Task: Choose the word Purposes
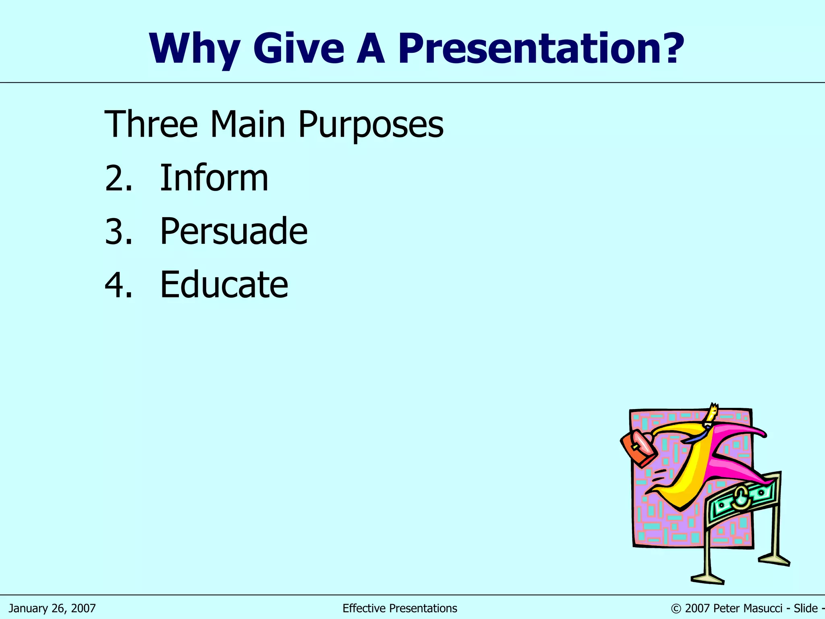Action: pos(371,125)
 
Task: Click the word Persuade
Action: pos(234,231)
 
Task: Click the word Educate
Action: pos(224,285)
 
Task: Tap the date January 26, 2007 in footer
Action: pos(52,608)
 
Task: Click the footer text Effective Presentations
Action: pos(400,608)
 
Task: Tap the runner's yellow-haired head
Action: pos(712,413)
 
